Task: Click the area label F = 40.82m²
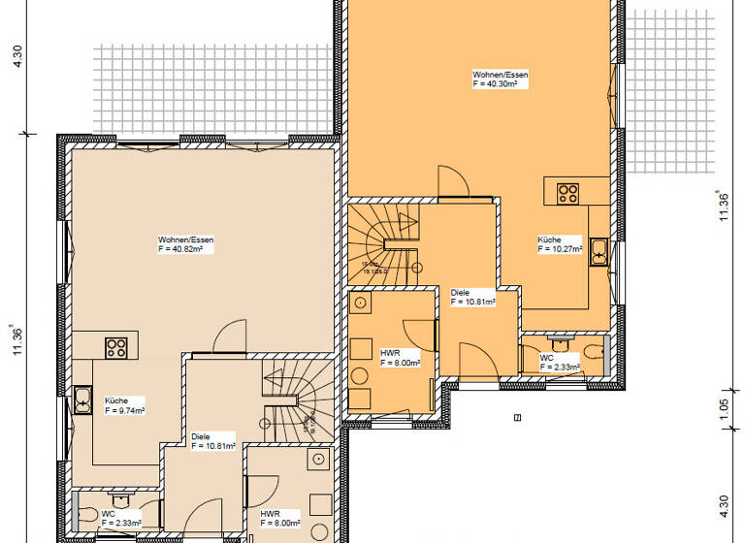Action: coord(180,249)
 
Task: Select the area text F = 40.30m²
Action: coord(495,84)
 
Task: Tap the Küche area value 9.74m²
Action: coord(124,411)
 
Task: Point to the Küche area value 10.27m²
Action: coord(560,249)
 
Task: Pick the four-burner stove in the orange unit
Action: coord(567,192)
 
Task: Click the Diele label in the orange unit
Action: coord(460,292)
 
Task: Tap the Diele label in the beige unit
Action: coord(201,436)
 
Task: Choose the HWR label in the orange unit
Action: coord(390,353)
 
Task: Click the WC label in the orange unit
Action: coord(547,357)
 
